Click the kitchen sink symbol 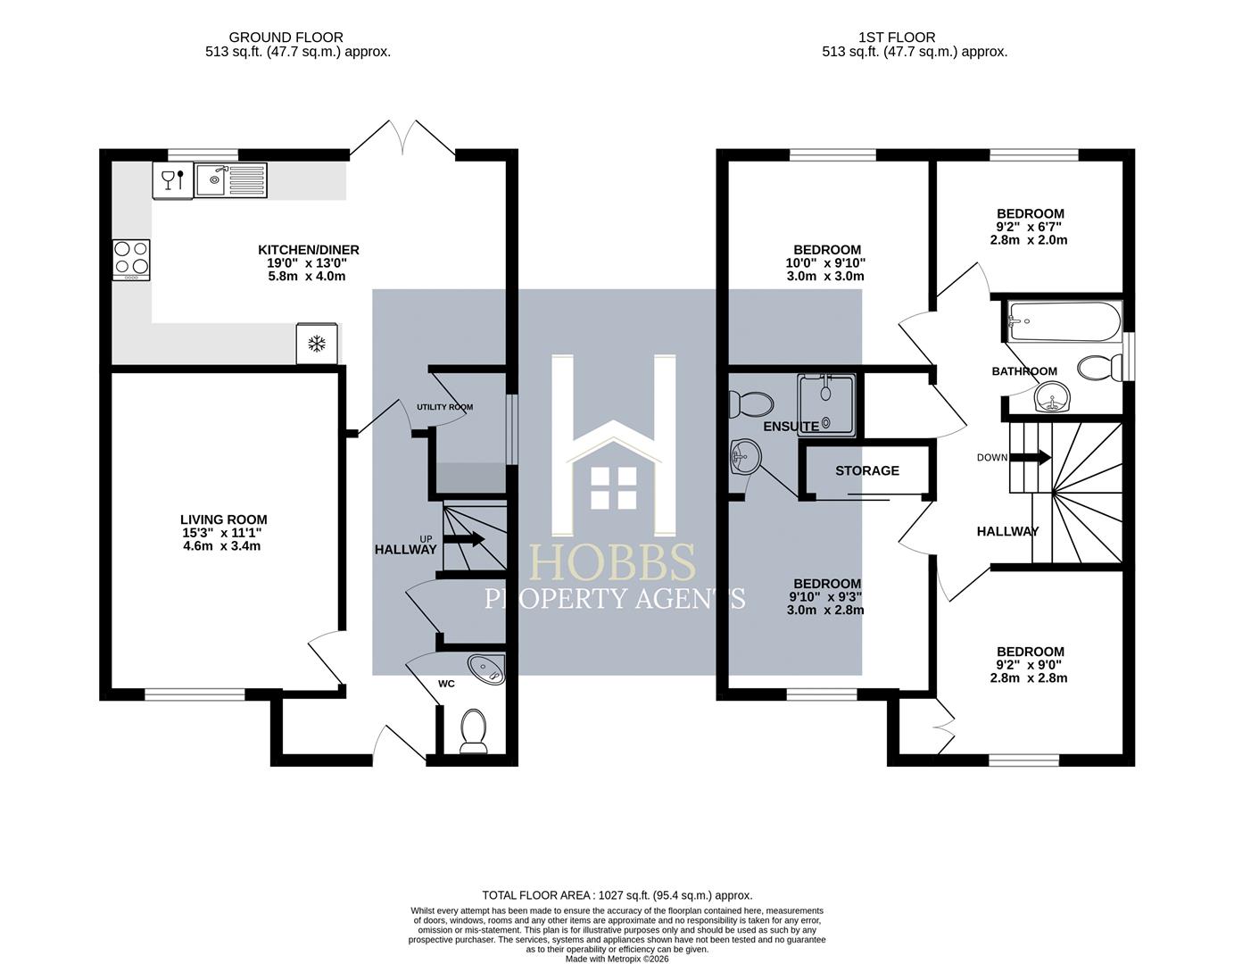point(230,179)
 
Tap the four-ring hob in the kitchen point(132,260)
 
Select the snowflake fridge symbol point(317,344)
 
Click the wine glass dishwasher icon point(172,180)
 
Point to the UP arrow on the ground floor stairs point(463,539)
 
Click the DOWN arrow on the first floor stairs point(1030,457)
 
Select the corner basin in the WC point(486,669)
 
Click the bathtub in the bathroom point(1064,321)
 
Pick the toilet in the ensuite point(750,403)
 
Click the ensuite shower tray point(825,403)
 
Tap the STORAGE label point(867,470)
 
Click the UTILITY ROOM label point(444,407)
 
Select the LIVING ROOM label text point(224,519)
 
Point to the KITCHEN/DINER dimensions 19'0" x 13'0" point(307,263)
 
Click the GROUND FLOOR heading point(286,37)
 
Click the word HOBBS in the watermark point(612,561)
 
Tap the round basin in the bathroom point(1052,396)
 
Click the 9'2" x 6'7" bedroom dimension point(1030,227)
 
